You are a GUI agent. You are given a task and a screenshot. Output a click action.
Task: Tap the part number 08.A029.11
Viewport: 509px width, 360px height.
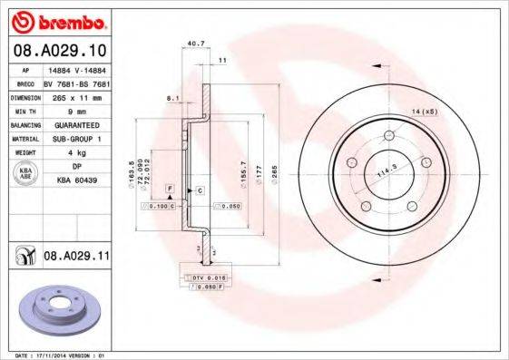[75, 258]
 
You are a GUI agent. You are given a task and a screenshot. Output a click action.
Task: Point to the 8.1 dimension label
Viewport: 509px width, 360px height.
[171, 97]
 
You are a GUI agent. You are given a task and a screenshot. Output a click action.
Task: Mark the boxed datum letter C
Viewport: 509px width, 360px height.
[200, 190]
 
